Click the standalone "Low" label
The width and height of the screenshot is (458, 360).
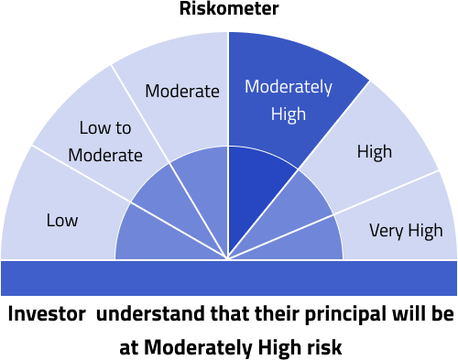click(x=62, y=220)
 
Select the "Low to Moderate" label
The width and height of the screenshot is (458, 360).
click(x=111, y=141)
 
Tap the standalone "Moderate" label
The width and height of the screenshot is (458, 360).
click(x=182, y=91)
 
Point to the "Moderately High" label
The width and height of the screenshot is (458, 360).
click(x=288, y=101)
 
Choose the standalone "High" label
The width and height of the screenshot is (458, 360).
click(x=374, y=151)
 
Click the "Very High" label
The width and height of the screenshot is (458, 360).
click(x=405, y=230)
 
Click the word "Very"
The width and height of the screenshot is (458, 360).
click(x=386, y=230)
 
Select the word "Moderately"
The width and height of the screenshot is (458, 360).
click(x=288, y=88)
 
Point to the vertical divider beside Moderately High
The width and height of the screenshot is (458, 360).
click(x=228, y=92)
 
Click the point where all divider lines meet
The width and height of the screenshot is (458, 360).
click(x=228, y=259)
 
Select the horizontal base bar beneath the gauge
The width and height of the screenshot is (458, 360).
click(x=228, y=278)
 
